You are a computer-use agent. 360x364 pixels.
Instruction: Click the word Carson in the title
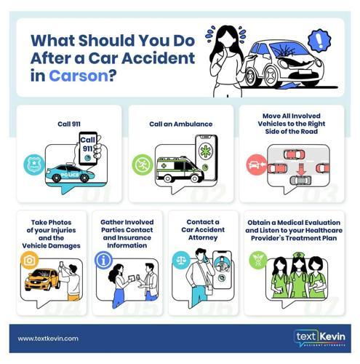(x=79, y=76)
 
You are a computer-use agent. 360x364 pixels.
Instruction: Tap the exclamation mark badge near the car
(x=319, y=41)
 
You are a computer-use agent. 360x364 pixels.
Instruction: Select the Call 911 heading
(x=69, y=124)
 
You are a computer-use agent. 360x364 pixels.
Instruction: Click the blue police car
(x=70, y=173)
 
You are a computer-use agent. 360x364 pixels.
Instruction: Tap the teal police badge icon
(x=34, y=165)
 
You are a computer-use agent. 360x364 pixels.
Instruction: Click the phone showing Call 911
(x=88, y=149)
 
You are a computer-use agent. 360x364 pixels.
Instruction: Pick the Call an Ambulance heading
(x=181, y=124)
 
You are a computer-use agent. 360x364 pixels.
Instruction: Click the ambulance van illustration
(x=180, y=170)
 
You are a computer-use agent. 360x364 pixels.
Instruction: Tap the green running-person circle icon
(x=143, y=165)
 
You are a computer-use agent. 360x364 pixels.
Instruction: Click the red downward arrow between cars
(x=301, y=169)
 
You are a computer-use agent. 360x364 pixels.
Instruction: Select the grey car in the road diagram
(x=301, y=181)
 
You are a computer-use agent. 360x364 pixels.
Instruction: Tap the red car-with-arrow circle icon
(x=257, y=165)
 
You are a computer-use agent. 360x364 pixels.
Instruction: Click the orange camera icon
(x=30, y=260)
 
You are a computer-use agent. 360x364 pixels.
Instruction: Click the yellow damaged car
(x=42, y=280)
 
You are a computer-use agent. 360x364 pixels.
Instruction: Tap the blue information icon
(x=103, y=261)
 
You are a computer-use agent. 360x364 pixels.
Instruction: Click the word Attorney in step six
(x=203, y=237)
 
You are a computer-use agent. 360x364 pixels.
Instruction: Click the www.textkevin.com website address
(x=48, y=339)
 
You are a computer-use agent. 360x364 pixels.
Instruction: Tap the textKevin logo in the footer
(x=320, y=339)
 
